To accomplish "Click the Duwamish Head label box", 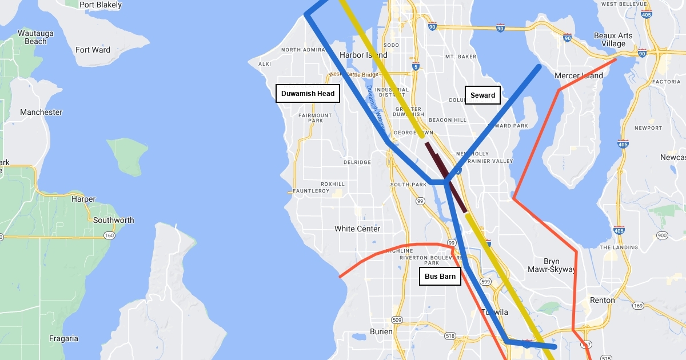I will (x=308, y=94).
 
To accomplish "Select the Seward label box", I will (x=483, y=95).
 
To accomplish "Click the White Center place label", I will (x=357, y=229).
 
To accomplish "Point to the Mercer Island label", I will (x=579, y=75).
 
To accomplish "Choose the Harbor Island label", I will (x=364, y=55).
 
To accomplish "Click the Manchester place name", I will (x=41, y=112).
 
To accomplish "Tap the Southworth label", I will (x=113, y=220).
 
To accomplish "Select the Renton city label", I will (x=603, y=300).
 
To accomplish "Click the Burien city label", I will (x=381, y=331).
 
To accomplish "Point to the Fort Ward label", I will (x=93, y=50).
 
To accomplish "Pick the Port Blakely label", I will (x=101, y=5).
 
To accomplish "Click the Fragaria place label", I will (x=63, y=338).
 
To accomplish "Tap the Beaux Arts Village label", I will (x=613, y=39).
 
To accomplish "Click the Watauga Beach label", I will (x=35, y=37).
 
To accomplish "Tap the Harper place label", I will (x=83, y=199).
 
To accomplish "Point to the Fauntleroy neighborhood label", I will (x=311, y=191).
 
